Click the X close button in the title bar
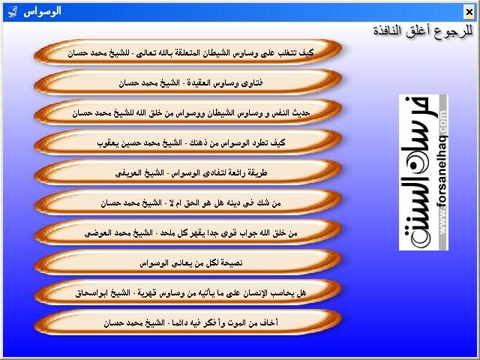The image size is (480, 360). [x=469, y=12]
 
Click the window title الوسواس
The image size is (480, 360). [x=42, y=12]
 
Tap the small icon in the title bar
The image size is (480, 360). [x=12, y=12]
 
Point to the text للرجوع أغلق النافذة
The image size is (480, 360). [x=423, y=31]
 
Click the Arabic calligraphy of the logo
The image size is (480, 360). [x=419, y=172]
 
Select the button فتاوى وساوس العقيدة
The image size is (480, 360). [x=187, y=82]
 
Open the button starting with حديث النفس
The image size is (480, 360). [x=187, y=112]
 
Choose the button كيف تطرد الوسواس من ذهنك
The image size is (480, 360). [x=187, y=142]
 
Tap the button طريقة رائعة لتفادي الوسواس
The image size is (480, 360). [x=187, y=172]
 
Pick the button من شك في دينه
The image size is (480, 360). [x=187, y=202]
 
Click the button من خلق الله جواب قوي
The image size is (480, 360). [x=187, y=232]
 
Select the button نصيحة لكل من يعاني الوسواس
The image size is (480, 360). [x=187, y=262]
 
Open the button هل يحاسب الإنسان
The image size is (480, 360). [x=187, y=292]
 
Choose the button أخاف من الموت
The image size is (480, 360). [x=187, y=322]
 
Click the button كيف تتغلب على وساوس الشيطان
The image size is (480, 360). [x=187, y=52]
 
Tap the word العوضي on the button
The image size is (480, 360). [x=96, y=233]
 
